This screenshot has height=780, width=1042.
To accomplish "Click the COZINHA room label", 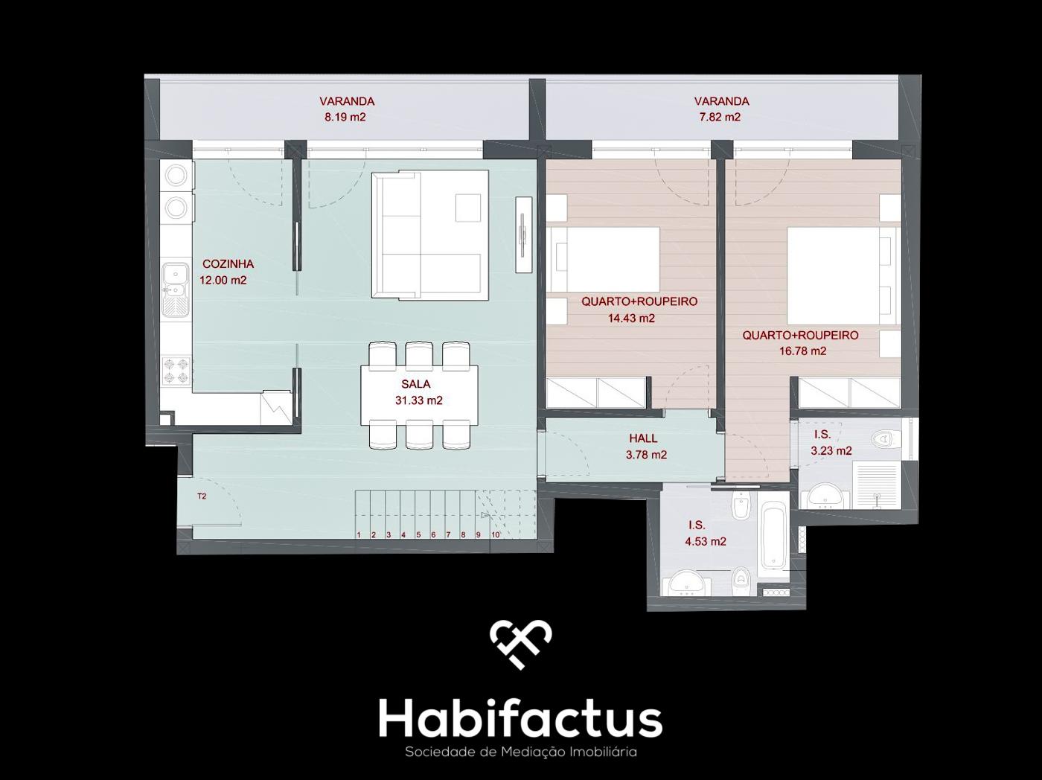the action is point(228,264).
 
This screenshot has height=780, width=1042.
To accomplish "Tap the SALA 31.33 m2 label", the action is point(419,393).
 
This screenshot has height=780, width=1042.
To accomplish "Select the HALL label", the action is point(643,438).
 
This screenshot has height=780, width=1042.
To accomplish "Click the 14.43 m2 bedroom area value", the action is point(631,319).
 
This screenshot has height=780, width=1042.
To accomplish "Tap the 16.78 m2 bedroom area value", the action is point(803,351).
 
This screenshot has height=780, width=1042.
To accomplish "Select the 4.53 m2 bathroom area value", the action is point(706,542).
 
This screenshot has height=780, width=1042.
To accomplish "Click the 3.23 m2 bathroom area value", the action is point(831,451).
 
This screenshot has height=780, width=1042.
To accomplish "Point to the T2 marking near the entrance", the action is point(202,496).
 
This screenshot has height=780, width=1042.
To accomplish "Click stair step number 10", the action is point(495,534).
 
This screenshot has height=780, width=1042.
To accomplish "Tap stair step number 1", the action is point(359,534).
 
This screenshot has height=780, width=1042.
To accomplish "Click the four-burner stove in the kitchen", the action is point(176,371).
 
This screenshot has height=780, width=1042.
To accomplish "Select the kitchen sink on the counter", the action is point(176,290).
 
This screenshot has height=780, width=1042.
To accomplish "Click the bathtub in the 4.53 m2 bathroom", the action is point(773,533).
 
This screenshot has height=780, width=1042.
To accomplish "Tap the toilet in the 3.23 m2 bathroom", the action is point(886,438).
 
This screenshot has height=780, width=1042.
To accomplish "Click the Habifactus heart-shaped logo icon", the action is point(521,645).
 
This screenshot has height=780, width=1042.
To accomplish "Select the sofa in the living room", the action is point(430,234).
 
